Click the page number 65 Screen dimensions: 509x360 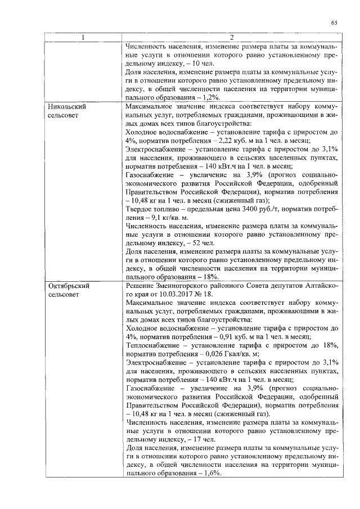(x=334, y=22)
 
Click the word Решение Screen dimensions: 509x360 (x=141, y=286)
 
